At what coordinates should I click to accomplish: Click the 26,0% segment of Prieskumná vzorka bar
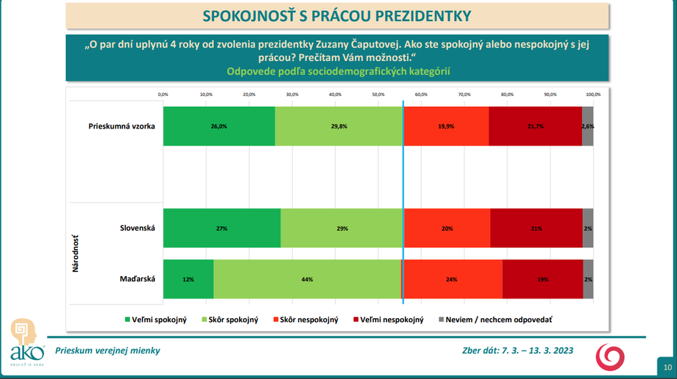[x=219, y=126]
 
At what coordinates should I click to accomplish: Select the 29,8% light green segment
[x=339, y=126]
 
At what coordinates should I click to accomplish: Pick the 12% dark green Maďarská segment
[x=188, y=279]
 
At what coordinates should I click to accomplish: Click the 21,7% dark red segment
[x=535, y=126]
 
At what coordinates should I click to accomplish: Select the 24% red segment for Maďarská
[x=452, y=279]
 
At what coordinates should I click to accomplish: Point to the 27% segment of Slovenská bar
[x=221, y=228]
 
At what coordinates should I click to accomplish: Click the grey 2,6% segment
[x=588, y=126]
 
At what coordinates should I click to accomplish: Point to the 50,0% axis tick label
[x=378, y=94]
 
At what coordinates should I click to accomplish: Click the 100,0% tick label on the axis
[x=592, y=94]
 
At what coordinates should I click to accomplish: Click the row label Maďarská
[x=137, y=279]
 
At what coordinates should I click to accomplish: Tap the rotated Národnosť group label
[x=76, y=253]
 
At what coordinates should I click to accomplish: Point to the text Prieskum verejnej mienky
[x=112, y=350]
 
